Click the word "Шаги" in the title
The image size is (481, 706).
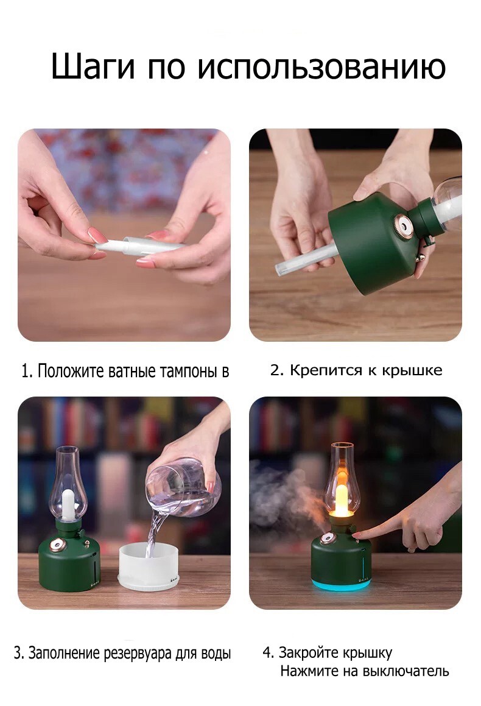pyautogui.click(x=93, y=66)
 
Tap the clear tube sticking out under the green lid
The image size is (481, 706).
pyautogui.click(x=306, y=259)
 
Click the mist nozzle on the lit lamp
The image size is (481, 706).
pyautogui.click(x=327, y=538)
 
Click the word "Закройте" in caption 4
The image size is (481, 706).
pyautogui.click(x=308, y=652)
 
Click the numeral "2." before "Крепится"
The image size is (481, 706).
pyautogui.click(x=277, y=370)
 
